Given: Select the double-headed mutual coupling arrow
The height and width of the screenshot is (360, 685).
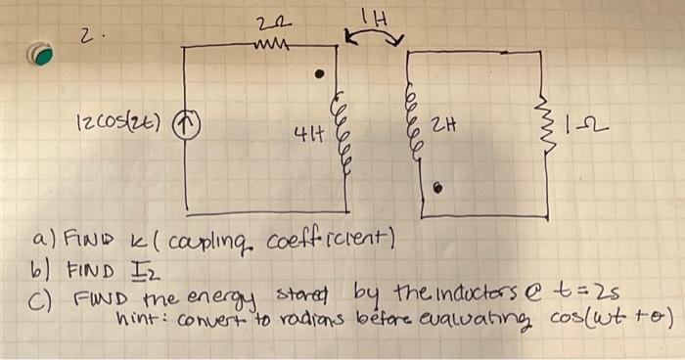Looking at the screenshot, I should point(375,38).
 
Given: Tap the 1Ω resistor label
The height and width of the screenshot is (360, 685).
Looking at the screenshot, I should point(594,123).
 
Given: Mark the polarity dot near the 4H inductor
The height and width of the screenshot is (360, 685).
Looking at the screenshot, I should point(317,73).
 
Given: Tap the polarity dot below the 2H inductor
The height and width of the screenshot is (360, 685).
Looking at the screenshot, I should point(437,188).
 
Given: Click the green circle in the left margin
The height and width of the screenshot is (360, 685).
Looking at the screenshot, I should point(41,55).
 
